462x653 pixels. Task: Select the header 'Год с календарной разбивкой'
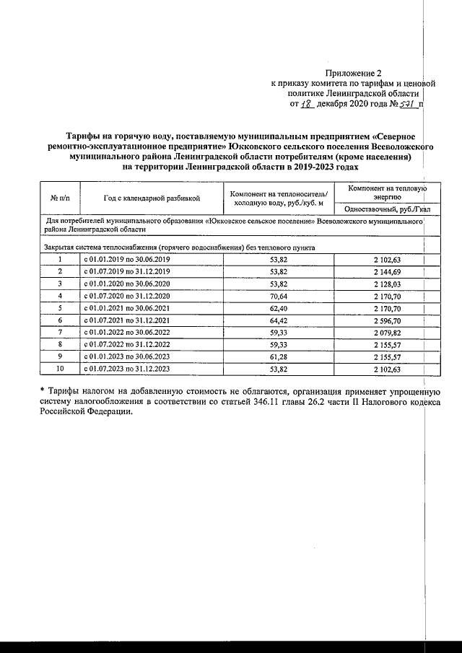pyautogui.click(x=151, y=198)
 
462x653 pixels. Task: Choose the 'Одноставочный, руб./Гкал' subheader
pyautogui.click(x=387, y=209)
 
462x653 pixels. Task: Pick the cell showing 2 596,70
pyautogui.click(x=387, y=320)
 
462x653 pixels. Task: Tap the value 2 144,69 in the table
pyautogui.click(x=387, y=271)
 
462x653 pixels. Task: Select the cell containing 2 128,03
pyautogui.click(x=387, y=284)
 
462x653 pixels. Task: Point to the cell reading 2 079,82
pyautogui.click(x=387, y=332)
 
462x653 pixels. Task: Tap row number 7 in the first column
pyautogui.click(x=60, y=332)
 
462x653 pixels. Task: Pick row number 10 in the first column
pyautogui.click(x=60, y=369)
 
